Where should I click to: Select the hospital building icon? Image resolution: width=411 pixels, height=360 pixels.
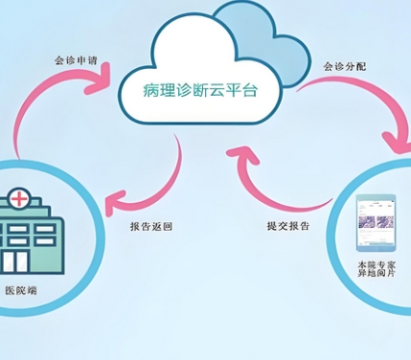pyautogui.click(x=29, y=235)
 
